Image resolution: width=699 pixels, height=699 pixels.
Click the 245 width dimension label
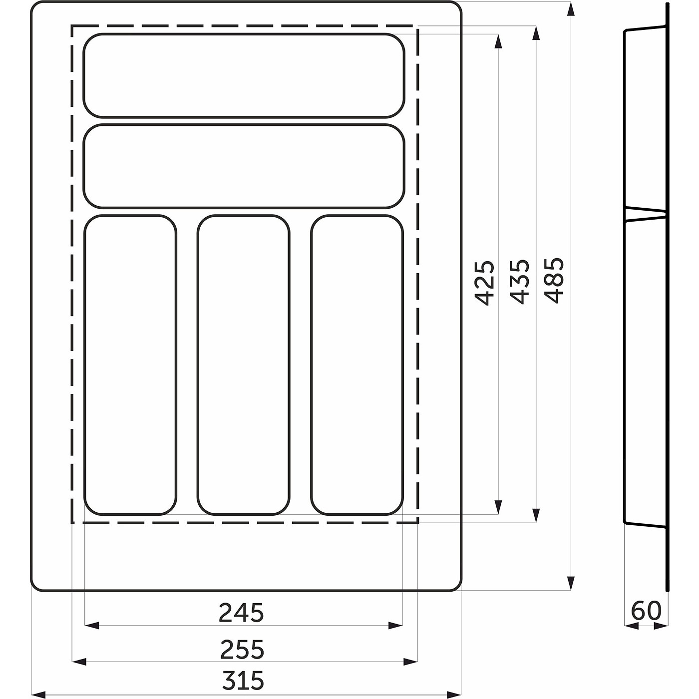point(241,613)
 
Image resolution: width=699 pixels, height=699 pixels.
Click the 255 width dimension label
point(242,649)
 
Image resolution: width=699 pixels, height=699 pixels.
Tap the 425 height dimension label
point(485,283)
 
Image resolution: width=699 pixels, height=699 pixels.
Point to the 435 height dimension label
point(519,282)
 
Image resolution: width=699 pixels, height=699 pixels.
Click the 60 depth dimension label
point(646,611)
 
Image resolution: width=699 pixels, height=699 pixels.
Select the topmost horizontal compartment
point(244,75)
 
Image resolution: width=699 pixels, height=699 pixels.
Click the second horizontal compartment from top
point(244,166)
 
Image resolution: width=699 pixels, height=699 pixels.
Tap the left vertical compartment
point(130,364)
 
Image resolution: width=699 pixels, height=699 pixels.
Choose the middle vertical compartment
point(243,364)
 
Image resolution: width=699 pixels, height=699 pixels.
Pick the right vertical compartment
point(356,364)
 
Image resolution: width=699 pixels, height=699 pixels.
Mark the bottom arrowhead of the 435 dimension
point(536,516)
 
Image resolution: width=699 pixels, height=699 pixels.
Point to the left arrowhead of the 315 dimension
point(38,694)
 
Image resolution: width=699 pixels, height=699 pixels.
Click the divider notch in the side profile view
point(647,214)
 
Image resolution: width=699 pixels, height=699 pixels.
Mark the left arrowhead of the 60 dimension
point(631,626)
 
